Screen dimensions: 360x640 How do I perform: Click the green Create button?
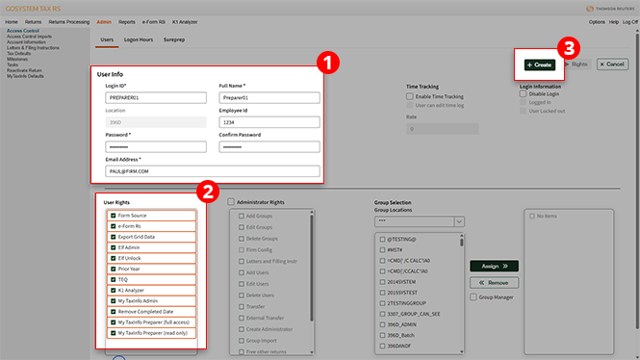coord(539,64)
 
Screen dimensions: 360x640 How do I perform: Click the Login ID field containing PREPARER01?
coord(157,97)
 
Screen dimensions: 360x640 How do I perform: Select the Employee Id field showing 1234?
coord(269,122)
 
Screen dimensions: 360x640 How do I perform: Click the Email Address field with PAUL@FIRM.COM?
coord(212,170)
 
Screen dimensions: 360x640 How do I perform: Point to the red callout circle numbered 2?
coord(206,192)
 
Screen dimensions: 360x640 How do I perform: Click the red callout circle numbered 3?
coord(570,45)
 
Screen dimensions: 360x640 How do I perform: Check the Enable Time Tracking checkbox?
coord(411,96)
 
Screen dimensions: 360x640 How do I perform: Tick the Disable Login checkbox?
coord(524,94)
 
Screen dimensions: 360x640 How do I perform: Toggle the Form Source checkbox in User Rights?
coord(113,216)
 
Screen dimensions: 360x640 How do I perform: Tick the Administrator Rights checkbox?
coord(231,202)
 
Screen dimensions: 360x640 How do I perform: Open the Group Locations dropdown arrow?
coord(459,221)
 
